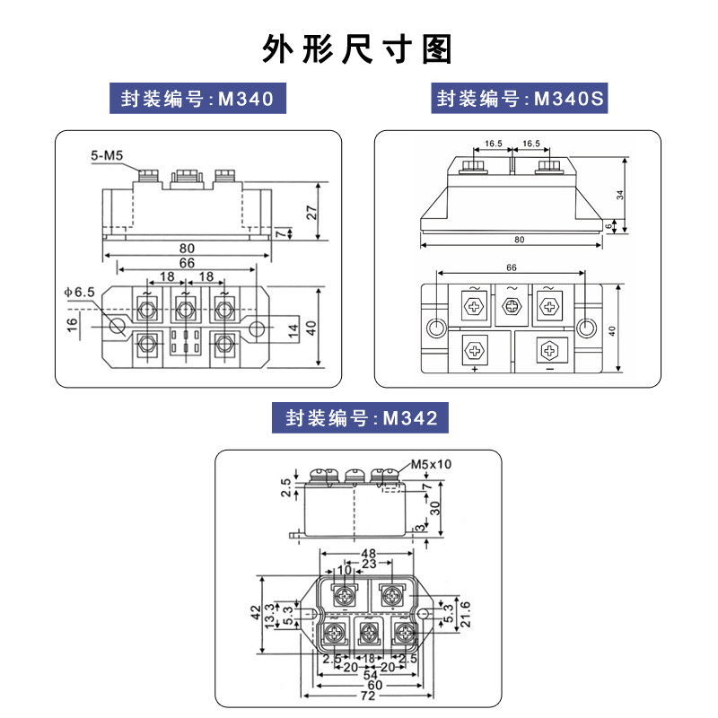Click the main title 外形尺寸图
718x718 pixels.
358,48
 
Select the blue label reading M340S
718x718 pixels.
516,99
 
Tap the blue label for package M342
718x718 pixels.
360,418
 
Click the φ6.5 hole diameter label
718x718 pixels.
78,292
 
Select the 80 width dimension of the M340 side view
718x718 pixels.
187,249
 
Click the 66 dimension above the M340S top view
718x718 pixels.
511,267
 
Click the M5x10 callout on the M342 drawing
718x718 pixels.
432,465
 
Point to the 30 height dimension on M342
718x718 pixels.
436,506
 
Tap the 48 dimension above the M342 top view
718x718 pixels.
368,555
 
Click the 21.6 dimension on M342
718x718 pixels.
464,615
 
